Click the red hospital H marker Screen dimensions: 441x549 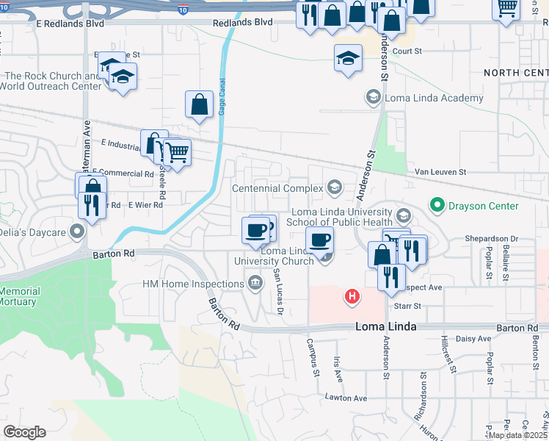(x=352, y=297)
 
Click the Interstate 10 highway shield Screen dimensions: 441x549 (x=182, y=10)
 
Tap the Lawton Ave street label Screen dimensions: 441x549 (x=346, y=398)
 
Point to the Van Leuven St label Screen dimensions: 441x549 (x=440, y=171)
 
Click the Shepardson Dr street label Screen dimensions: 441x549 (x=491, y=239)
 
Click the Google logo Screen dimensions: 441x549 (x=24, y=432)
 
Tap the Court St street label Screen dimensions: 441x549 (x=407, y=51)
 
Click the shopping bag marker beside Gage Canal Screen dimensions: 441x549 (x=199, y=105)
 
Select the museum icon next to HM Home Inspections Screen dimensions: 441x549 (x=255, y=282)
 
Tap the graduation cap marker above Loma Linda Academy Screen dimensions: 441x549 (x=348, y=58)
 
